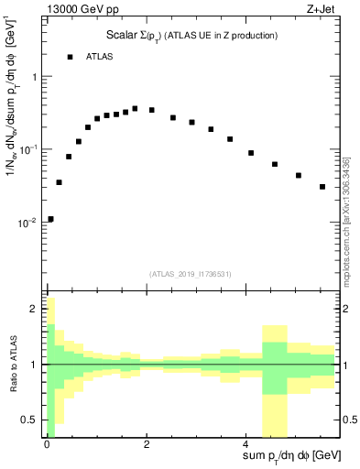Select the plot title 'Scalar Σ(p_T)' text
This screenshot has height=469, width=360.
click(136, 36)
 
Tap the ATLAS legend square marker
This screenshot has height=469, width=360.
click(70, 57)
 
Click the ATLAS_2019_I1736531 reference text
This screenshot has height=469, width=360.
click(191, 274)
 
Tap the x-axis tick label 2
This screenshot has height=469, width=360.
click(146, 443)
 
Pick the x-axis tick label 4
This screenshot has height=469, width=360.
click(245, 443)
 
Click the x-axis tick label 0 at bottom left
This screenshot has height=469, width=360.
click(47, 443)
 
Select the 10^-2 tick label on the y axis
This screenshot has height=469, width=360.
click(28, 222)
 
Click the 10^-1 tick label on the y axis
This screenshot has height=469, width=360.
click(28, 148)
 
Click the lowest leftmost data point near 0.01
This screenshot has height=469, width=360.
click(50, 219)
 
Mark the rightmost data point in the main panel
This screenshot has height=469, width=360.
click(322, 187)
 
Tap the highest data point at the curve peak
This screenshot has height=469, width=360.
click(135, 108)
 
